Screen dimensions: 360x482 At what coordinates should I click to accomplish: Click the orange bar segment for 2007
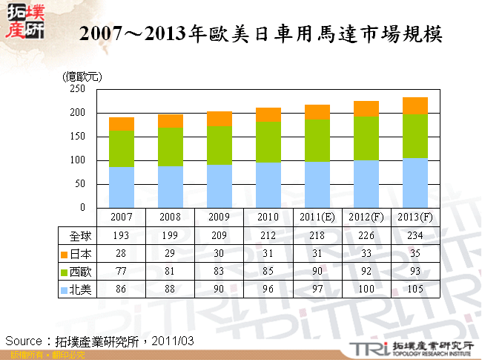122,123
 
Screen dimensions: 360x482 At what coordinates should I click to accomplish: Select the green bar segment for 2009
219,145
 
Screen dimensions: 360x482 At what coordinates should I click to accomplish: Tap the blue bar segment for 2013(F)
415,183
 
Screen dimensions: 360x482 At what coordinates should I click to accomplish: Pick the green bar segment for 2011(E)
317,140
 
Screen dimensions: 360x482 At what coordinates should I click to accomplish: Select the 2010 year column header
268,217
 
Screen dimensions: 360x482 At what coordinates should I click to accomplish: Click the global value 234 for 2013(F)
415,236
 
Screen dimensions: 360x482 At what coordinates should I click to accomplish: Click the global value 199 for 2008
171,236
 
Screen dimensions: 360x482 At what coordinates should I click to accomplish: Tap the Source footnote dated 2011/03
100,340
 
